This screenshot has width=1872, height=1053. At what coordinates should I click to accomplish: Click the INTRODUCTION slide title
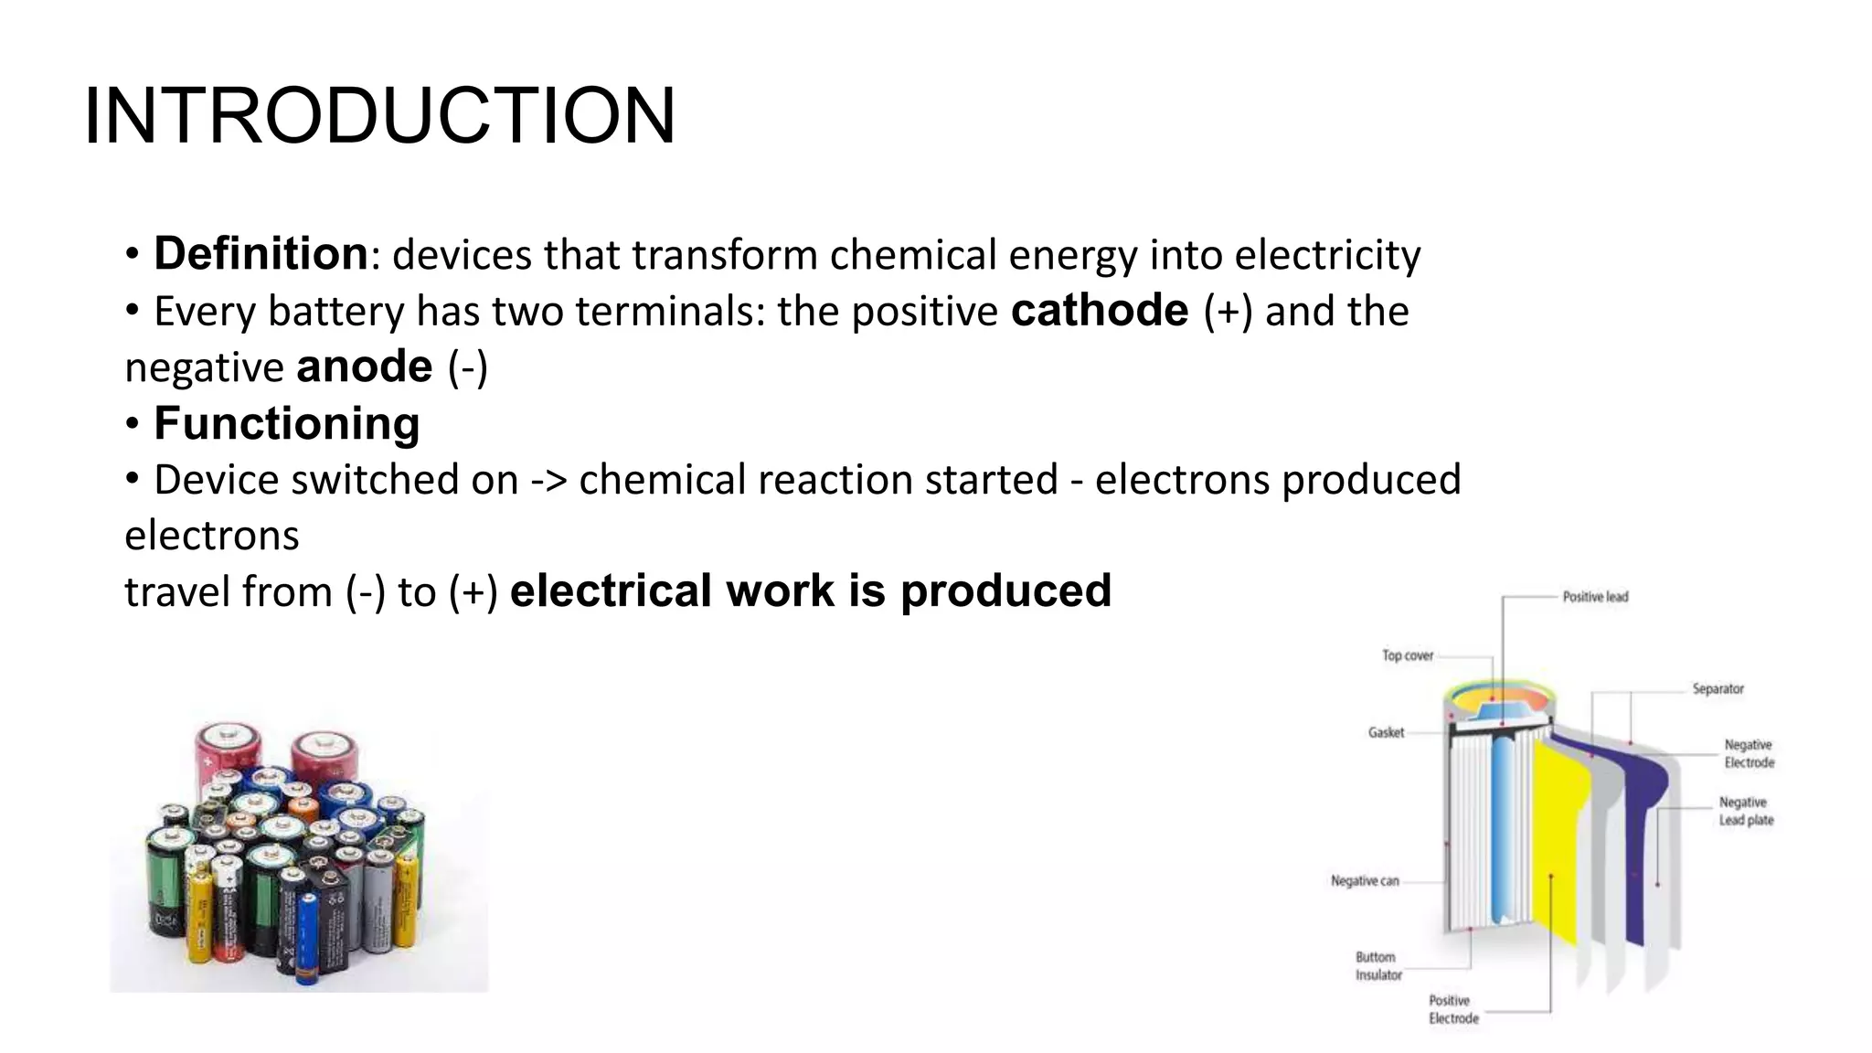coord(379,116)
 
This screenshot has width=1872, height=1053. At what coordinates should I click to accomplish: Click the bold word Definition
coord(261,254)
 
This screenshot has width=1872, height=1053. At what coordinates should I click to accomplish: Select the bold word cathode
coord(1100,311)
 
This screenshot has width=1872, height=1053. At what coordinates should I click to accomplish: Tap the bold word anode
coord(365,367)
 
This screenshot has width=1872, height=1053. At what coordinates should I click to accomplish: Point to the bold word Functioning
coord(286,424)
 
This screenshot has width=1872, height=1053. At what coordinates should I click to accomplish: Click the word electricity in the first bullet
coord(1327,255)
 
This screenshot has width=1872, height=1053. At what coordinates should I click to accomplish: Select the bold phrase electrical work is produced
coord(810,590)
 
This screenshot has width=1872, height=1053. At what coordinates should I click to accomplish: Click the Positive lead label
coord(1595,597)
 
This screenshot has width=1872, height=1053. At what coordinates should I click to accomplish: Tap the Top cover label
coord(1408,655)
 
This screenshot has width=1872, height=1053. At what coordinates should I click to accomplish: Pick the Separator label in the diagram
coord(1718,689)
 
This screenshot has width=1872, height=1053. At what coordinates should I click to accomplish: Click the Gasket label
coord(1386,732)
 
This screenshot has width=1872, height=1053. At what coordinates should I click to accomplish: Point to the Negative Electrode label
coord(1749,754)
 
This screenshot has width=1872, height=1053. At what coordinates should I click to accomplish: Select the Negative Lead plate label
coord(1746,812)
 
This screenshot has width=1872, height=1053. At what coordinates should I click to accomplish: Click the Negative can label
coord(1365,881)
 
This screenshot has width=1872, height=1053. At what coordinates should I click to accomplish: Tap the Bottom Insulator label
coord(1377,966)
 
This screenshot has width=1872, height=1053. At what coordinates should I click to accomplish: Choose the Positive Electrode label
coord(1453,1010)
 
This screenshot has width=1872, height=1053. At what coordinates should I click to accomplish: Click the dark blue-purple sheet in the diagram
coord(1641,823)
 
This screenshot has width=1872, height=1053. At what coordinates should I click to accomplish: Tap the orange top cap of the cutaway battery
coord(1499,699)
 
